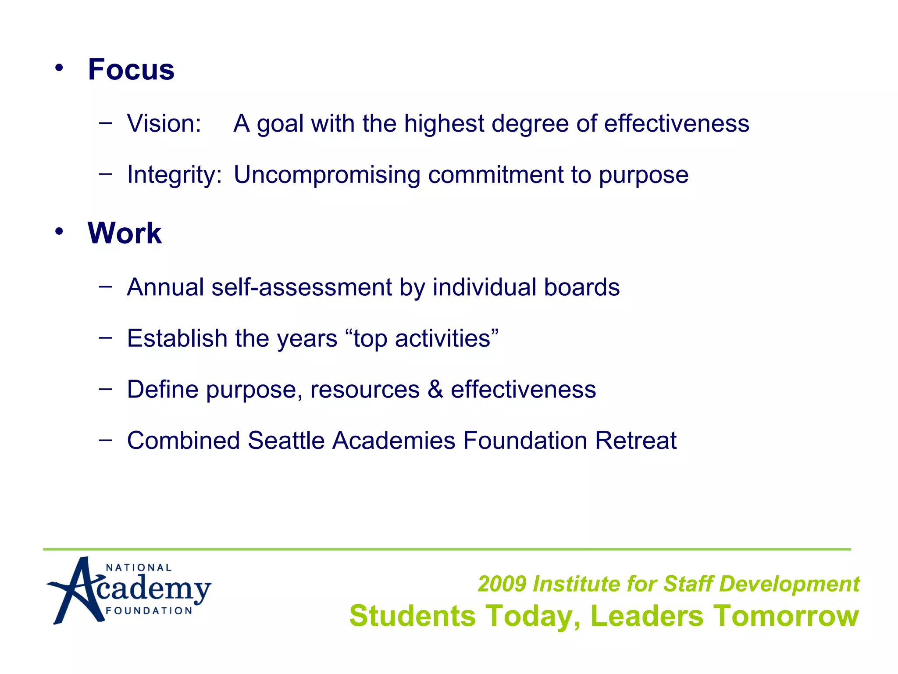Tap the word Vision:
click(164, 123)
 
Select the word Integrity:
click(174, 175)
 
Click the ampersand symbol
click(435, 389)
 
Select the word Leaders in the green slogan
click(647, 616)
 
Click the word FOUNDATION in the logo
click(149, 611)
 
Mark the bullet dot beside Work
click(59, 231)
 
